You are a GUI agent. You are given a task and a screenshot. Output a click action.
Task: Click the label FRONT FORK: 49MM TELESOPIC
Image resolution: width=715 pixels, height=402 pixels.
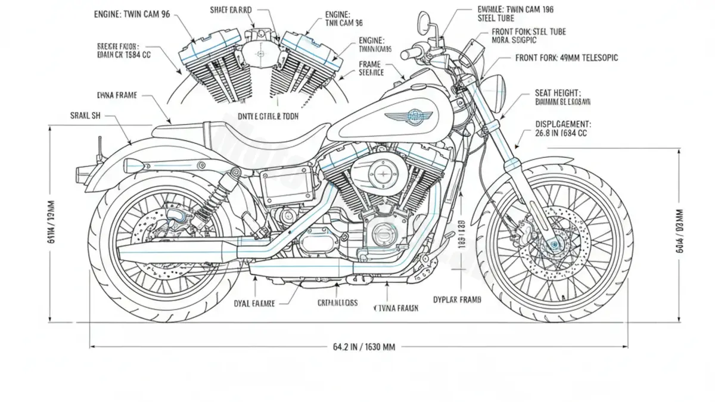pos(566,58)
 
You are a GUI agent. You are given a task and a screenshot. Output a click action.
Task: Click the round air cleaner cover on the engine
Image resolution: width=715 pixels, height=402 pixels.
pos(380,173)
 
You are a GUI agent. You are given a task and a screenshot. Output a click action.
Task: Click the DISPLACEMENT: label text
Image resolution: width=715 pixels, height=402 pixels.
pos(563,124)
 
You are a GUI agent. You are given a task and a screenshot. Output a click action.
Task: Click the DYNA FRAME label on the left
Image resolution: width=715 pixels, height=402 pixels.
pos(117,95)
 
